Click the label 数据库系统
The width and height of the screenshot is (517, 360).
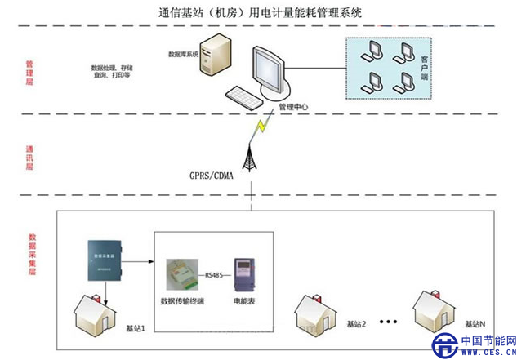pos(184,55)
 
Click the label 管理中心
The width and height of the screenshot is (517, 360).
pos(292,106)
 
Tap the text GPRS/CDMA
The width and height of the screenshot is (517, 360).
pos(212,175)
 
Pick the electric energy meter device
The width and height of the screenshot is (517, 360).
pos(245,273)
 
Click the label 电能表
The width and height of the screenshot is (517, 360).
pos(244,300)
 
